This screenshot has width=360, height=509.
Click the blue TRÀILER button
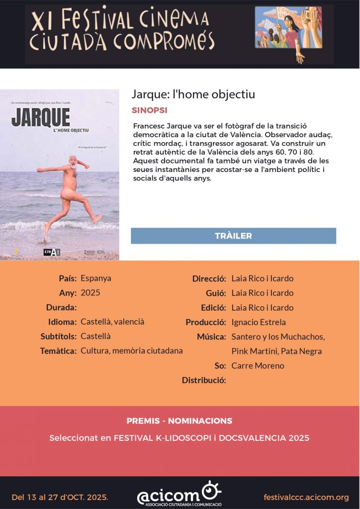(x=233, y=236)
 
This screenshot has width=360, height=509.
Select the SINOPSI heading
(x=149, y=110)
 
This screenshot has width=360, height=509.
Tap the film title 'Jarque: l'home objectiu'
(x=193, y=94)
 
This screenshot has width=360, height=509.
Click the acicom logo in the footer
(x=179, y=495)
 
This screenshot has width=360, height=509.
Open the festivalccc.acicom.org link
(x=306, y=497)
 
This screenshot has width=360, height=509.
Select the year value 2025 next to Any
(x=90, y=293)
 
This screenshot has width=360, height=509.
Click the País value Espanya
(x=96, y=278)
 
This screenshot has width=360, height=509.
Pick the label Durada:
(x=61, y=308)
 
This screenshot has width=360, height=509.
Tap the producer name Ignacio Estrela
(x=259, y=322)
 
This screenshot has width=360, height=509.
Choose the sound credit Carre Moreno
(x=258, y=366)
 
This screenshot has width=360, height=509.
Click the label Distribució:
(x=204, y=381)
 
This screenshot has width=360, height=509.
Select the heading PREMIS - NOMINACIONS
(x=179, y=421)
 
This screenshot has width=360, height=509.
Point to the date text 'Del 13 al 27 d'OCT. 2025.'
(x=60, y=497)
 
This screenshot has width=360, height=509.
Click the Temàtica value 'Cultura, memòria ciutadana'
(x=132, y=351)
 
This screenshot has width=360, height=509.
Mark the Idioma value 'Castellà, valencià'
(x=112, y=322)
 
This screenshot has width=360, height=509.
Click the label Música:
(x=211, y=337)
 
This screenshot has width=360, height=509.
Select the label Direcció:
(x=209, y=278)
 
